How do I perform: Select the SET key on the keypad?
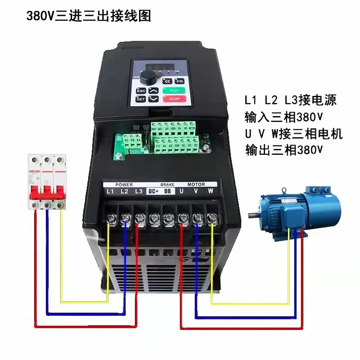[140, 98]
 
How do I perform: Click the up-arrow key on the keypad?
[154, 90]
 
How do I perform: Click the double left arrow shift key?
[167, 81]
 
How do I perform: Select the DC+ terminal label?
[153, 192]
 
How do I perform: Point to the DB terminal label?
[168, 192]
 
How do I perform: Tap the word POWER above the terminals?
[124, 184]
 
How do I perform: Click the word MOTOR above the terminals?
[196, 184]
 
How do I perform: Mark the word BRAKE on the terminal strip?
[167, 184]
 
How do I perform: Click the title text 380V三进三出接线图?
[89, 16]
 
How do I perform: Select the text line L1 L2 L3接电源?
[290, 99]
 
